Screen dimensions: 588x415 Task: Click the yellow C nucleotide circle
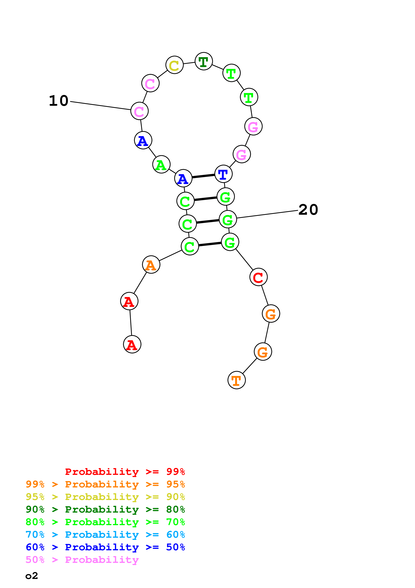coord(174,65)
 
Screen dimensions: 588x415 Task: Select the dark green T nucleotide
coord(204,62)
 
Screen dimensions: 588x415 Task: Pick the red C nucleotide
coord(258,277)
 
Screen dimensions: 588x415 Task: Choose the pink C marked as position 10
coord(139,111)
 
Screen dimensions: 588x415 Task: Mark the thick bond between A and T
coord(203,176)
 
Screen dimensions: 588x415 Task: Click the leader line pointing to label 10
coord(100,105)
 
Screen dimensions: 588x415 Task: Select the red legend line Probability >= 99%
coord(125,472)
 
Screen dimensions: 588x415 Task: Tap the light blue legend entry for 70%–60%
coord(105,535)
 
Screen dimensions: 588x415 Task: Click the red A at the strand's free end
coord(132,344)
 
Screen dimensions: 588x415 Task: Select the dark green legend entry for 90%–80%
coord(105,509)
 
